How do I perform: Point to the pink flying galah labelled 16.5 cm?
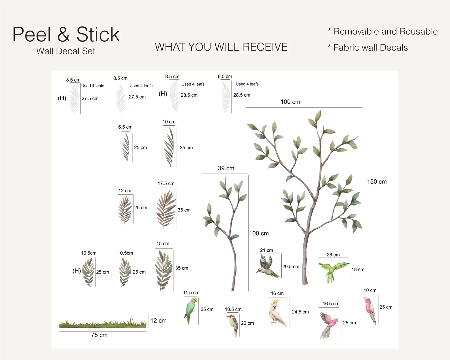click(x=329, y=325)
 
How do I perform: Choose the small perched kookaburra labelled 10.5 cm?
click(x=234, y=325)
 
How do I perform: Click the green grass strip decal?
click(x=103, y=322)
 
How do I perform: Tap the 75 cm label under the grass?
click(x=99, y=335)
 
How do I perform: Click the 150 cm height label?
click(x=377, y=182)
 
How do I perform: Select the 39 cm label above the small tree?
click(x=226, y=168)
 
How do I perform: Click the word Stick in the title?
click(x=98, y=34)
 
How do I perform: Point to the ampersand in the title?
click(x=63, y=34)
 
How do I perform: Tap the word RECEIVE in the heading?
click(x=265, y=47)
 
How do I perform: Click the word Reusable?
click(x=419, y=31)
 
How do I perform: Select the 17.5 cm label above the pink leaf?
click(x=166, y=183)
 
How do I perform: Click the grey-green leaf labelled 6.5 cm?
click(x=126, y=147)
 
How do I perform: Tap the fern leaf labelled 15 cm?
click(x=164, y=270)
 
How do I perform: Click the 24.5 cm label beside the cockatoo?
click(x=300, y=312)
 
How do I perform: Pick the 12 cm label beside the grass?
click(x=158, y=321)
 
